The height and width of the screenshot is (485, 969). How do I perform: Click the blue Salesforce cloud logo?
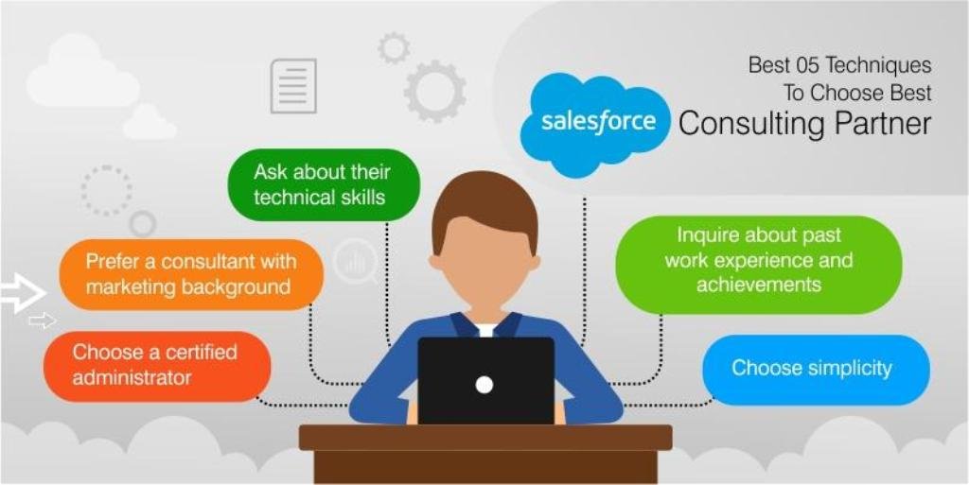tap(595, 124)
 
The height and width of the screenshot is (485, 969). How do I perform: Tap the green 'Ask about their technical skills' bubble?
tap(324, 184)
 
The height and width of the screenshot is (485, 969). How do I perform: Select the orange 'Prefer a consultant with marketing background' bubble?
tap(191, 274)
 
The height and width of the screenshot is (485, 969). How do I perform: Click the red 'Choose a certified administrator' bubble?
tap(157, 366)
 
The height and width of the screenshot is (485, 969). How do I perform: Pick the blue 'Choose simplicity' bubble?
tap(816, 370)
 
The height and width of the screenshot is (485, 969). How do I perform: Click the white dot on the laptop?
tap(484, 385)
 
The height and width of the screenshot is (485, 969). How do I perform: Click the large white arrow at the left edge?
tap(23, 292)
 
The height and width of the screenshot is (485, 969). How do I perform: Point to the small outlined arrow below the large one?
tap(42, 320)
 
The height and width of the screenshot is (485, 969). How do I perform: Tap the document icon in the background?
tap(293, 86)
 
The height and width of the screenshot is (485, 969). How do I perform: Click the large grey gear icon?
tap(435, 91)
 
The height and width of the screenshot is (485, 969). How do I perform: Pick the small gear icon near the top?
tap(394, 48)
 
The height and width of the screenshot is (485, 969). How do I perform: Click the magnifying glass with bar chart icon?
tap(356, 262)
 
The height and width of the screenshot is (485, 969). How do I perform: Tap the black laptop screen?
tap(485, 381)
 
